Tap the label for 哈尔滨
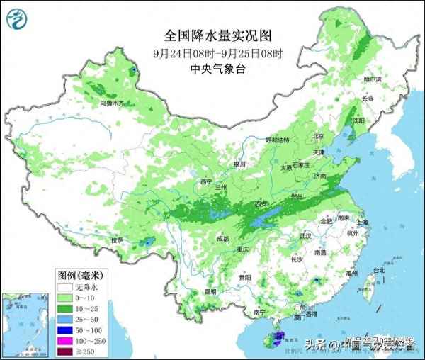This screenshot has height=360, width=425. [x=373, y=79]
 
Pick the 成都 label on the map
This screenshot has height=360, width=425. [x=223, y=239]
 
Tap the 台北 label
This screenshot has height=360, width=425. [x=379, y=271]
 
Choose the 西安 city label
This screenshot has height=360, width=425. [x=262, y=205]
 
